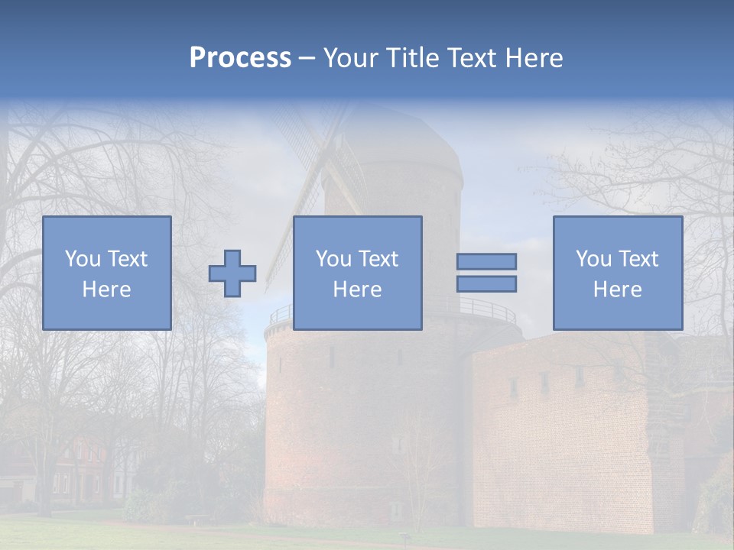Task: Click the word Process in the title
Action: click(x=240, y=57)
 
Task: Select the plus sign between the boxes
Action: click(x=232, y=273)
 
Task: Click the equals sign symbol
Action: click(x=486, y=273)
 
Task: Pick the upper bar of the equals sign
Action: click(x=486, y=261)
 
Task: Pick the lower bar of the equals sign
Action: click(x=486, y=283)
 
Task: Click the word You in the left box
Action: click(x=82, y=259)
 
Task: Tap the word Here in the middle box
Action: click(x=357, y=290)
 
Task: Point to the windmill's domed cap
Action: click(x=394, y=145)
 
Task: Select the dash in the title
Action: click(x=307, y=59)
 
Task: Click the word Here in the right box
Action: click(x=617, y=290)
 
